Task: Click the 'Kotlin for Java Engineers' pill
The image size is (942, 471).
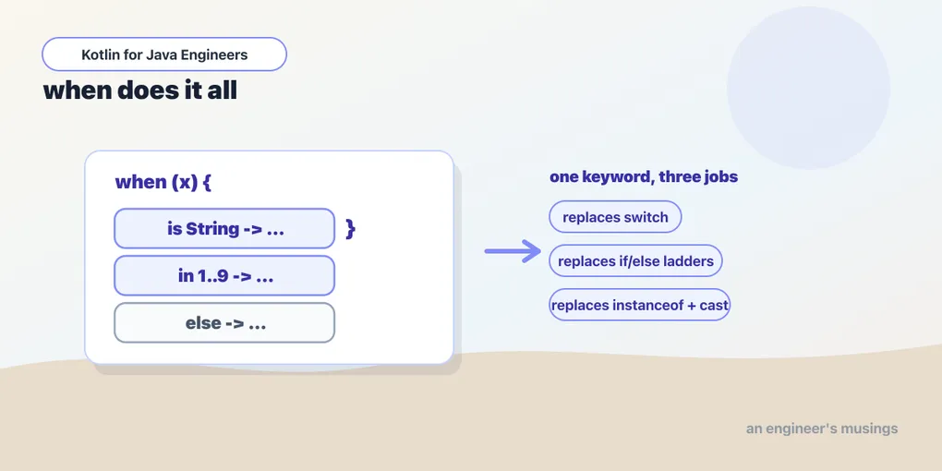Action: pos(164,54)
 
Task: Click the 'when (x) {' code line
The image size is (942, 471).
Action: pos(163,183)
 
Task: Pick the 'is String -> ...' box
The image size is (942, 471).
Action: pos(224,228)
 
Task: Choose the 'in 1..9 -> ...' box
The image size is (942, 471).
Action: pos(224,276)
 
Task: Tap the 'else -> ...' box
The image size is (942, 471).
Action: pos(224,322)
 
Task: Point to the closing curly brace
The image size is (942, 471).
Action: pos(350,229)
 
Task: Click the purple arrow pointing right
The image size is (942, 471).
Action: pos(513,251)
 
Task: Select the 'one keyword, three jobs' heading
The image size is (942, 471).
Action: pos(644,177)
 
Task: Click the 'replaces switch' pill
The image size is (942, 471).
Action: pos(615,217)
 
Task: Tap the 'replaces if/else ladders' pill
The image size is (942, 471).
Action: pos(635,260)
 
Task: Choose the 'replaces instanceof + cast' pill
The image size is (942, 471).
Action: pos(640,305)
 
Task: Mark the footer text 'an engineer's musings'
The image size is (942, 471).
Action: pos(822,429)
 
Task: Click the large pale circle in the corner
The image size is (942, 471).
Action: pos(808,88)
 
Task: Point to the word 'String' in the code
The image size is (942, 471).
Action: pos(212,229)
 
